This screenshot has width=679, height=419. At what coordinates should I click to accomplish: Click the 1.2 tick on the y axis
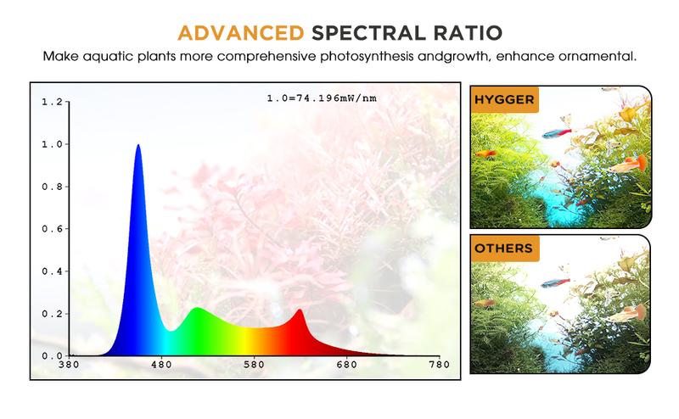pyautogui.click(x=52, y=102)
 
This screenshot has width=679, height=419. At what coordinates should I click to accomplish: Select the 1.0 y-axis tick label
pyautogui.click(x=52, y=144)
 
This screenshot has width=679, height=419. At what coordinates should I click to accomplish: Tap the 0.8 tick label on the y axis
pyautogui.click(x=52, y=187)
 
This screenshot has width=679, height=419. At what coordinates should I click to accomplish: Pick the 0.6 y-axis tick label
pyautogui.click(x=52, y=229)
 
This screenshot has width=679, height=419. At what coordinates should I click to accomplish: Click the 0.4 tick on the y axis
pyautogui.click(x=52, y=271)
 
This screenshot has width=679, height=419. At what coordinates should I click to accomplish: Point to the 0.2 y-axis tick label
pyautogui.click(x=52, y=314)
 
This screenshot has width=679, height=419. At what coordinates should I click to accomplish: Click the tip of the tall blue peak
pyautogui.click(x=137, y=145)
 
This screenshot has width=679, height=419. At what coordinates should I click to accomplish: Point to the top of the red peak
pyautogui.click(x=300, y=310)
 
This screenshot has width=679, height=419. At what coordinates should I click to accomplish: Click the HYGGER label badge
pyautogui.click(x=504, y=100)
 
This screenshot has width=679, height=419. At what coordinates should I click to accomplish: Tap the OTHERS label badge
pyautogui.click(x=504, y=249)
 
